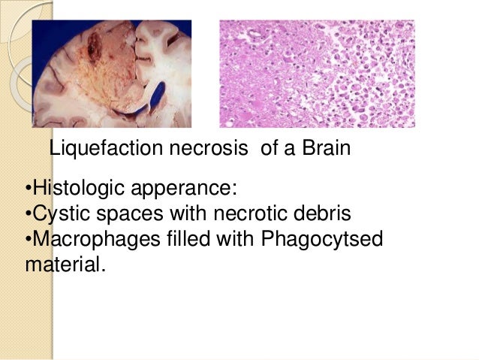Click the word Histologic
(x=74, y=186)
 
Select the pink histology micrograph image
(x=316, y=74)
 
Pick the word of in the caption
(x=269, y=150)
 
